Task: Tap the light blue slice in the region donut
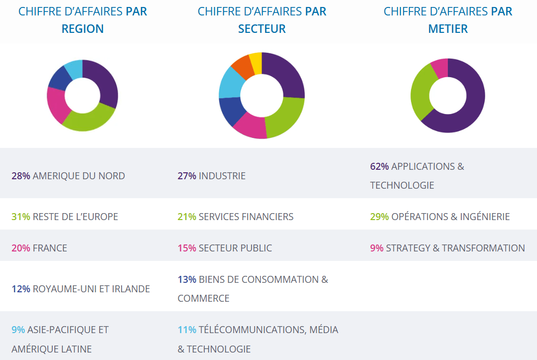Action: click(74, 69)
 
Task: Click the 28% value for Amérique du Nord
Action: click(21, 176)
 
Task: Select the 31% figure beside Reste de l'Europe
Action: click(21, 217)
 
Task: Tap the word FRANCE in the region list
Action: click(50, 248)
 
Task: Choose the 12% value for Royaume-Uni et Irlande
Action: click(21, 289)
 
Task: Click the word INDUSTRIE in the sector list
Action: click(222, 176)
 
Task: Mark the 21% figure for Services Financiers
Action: click(187, 217)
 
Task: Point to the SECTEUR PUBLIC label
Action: click(235, 248)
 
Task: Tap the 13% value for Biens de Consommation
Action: click(187, 279)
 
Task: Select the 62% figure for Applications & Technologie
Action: click(380, 166)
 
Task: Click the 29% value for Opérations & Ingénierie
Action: click(380, 217)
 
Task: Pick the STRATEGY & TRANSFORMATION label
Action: click(455, 248)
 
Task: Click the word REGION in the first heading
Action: click(83, 29)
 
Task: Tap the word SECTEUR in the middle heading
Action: click(262, 29)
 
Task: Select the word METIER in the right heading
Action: click(448, 29)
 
